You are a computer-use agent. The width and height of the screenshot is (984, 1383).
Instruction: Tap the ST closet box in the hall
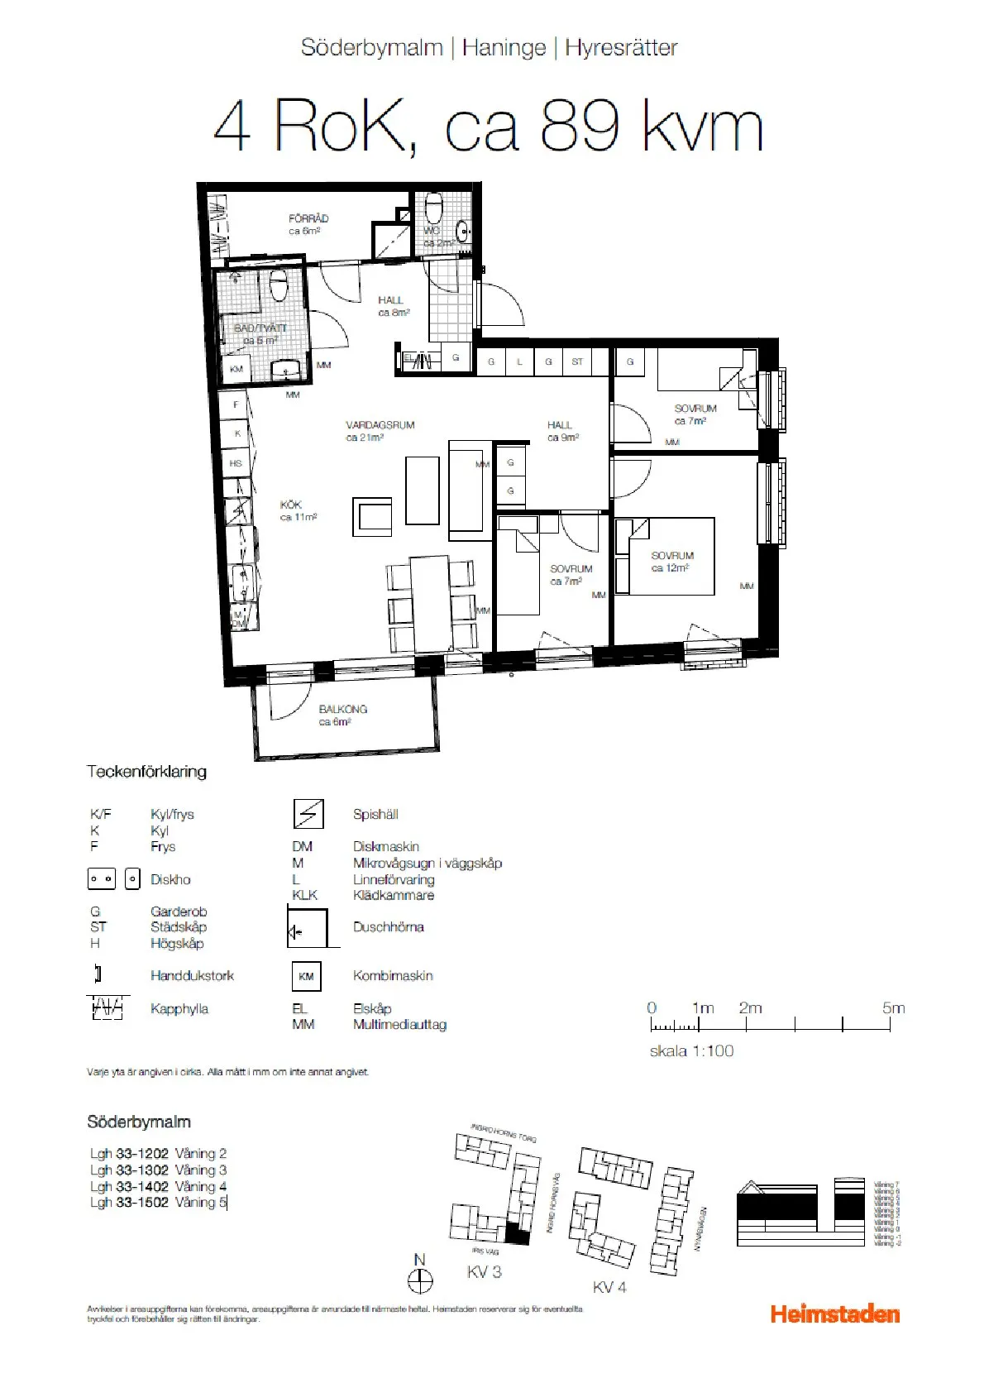click(577, 361)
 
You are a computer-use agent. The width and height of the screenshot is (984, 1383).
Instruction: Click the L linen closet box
click(519, 361)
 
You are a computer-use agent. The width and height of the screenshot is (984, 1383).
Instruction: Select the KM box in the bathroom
click(236, 369)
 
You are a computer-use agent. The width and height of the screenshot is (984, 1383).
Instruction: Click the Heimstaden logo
click(834, 1314)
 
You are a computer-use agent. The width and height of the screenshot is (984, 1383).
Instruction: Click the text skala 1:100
click(691, 1051)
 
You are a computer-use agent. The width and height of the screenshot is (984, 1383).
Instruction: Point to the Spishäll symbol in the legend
click(308, 815)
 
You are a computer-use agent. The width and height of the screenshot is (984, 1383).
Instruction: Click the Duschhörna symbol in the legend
click(308, 927)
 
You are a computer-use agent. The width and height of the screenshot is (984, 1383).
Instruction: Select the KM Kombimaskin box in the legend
click(306, 976)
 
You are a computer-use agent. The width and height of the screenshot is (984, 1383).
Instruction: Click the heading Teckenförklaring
click(146, 772)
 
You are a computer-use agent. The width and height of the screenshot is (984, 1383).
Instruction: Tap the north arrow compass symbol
click(420, 1281)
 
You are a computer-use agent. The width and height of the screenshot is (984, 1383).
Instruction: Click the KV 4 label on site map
click(609, 1287)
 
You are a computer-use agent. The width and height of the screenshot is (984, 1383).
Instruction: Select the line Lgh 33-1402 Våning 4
click(158, 1186)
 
